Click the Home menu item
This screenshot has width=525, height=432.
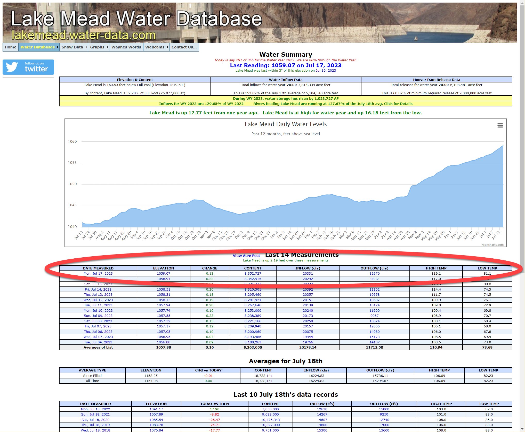(x=10, y=47)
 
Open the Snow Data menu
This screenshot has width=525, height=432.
(x=72, y=47)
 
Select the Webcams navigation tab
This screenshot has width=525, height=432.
(x=155, y=47)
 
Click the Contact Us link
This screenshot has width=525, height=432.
(x=184, y=47)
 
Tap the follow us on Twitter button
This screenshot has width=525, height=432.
(x=28, y=67)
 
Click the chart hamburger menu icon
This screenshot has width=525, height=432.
(x=500, y=125)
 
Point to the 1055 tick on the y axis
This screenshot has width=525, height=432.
(x=72, y=163)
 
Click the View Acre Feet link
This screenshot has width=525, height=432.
(x=246, y=256)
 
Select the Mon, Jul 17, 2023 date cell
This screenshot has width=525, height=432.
(x=98, y=274)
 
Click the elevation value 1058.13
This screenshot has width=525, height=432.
(x=164, y=300)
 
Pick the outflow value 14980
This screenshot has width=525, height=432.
(x=374, y=332)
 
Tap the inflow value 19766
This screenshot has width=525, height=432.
(x=308, y=342)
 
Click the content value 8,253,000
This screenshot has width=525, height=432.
(x=253, y=311)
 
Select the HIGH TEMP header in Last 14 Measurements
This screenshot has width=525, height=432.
(x=436, y=268)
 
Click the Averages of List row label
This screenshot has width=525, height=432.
(x=98, y=348)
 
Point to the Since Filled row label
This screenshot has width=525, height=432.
(x=92, y=376)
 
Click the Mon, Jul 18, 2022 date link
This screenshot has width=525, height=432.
(x=95, y=409)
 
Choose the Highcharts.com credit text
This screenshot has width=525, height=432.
(x=492, y=245)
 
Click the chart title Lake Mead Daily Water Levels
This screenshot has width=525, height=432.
(x=286, y=124)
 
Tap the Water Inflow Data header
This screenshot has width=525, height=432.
(x=286, y=80)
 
